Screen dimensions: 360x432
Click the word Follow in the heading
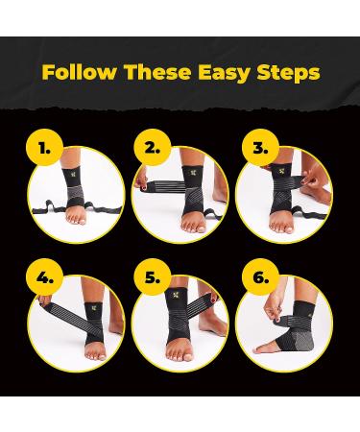click(79, 72)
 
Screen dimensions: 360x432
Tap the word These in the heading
click(157, 72)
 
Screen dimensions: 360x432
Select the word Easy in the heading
click(224, 73)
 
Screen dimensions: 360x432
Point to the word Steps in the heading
click(288, 73)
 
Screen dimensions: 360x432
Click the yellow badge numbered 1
click(44, 148)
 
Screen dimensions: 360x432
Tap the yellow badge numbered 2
click(153, 148)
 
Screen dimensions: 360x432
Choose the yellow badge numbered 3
click(260, 148)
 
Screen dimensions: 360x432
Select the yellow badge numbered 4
click(44, 277)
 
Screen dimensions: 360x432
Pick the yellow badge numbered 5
click(153, 277)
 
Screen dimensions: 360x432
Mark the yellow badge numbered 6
click(260, 277)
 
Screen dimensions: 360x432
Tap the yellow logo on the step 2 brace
click(193, 173)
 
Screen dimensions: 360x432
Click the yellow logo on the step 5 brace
click(176, 295)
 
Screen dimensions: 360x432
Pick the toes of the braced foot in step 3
click(281, 228)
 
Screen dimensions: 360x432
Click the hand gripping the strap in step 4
click(45, 300)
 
